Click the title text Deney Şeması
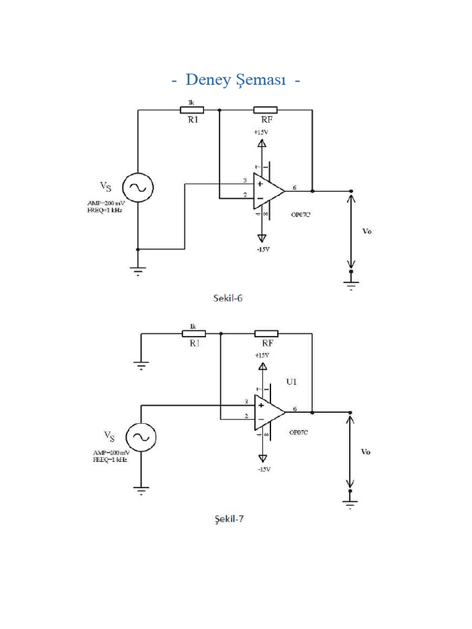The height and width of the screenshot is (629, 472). pos(236,80)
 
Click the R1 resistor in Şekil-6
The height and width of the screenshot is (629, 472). pos(192,111)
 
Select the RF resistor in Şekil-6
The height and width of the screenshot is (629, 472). pos(265,111)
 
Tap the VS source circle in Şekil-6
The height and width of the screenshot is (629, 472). pos(137,188)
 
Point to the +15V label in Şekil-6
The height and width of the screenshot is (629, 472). pos(261,132)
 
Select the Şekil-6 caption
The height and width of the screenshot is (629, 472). pos(229,298)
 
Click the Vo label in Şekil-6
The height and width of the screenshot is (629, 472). pos(366,232)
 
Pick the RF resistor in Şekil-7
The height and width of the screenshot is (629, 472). pos(267,334)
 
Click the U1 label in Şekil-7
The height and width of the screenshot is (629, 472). pos(291,381)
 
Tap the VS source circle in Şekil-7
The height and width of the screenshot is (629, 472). pos(141,437)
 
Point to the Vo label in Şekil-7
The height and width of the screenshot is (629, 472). pos(366,451)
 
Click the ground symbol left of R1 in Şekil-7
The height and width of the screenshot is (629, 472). pos(141,365)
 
